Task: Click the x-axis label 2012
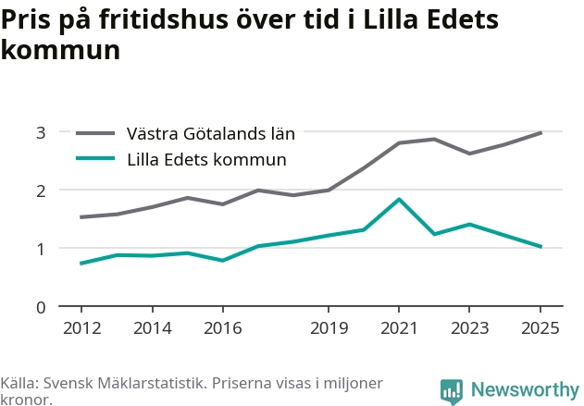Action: point(82,328)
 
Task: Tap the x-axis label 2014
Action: point(153,328)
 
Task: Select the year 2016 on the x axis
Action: point(223,328)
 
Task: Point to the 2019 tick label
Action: point(329,328)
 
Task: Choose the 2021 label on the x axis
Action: point(399,328)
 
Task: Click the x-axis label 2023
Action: point(469,328)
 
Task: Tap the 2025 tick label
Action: point(541,328)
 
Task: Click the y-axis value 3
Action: point(41,132)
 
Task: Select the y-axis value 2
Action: point(41,191)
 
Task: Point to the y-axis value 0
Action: point(41,308)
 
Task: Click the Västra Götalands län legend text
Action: point(211,133)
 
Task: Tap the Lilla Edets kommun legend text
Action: point(206,160)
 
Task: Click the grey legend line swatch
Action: point(95,133)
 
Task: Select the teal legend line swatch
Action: point(95,158)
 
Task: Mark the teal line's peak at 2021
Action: point(399,200)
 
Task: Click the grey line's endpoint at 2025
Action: point(541,133)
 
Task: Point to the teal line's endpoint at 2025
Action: point(541,246)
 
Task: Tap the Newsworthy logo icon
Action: point(452,391)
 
